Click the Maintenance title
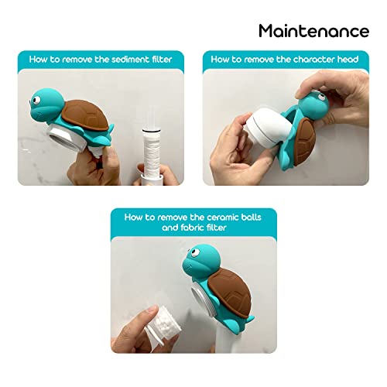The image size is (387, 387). coord(313,31)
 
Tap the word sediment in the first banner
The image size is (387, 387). coord(129,59)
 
